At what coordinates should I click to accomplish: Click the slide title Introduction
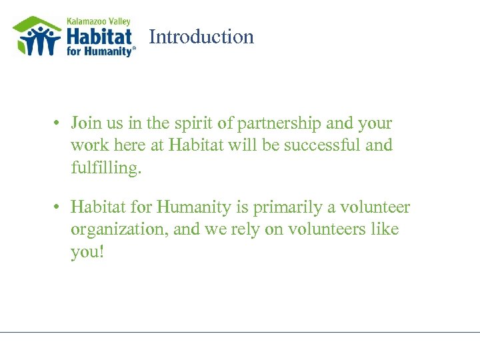click(201, 37)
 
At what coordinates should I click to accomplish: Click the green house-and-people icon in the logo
click(37, 37)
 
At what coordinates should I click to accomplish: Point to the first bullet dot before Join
click(59, 124)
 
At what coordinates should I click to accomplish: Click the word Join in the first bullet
click(85, 123)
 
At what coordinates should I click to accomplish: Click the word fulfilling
click(106, 167)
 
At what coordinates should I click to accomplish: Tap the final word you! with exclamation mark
click(87, 252)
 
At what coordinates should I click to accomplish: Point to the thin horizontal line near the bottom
click(240, 332)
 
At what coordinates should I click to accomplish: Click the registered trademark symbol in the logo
click(134, 49)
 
